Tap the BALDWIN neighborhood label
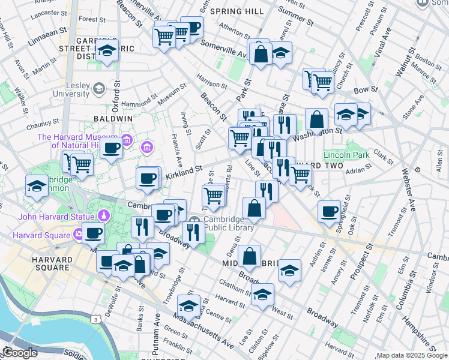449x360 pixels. coord(113,119)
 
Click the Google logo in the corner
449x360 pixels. coord(19,353)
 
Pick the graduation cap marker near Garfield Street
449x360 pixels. coord(107,50)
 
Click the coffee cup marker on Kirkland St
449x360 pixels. coord(148,178)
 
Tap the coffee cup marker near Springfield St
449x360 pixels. coord(329,211)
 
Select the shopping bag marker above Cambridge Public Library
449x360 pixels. coord(255,208)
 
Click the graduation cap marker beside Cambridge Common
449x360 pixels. coord(37,185)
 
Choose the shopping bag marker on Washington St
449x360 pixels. coord(316,119)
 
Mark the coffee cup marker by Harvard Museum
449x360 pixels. coord(111,148)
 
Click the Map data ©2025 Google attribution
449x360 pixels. coord(412,355)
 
